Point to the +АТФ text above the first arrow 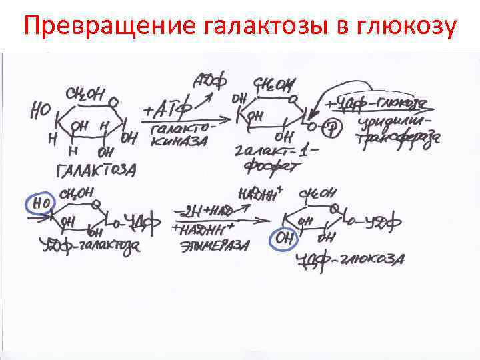click(167, 107)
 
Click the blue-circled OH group click(283, 238)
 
